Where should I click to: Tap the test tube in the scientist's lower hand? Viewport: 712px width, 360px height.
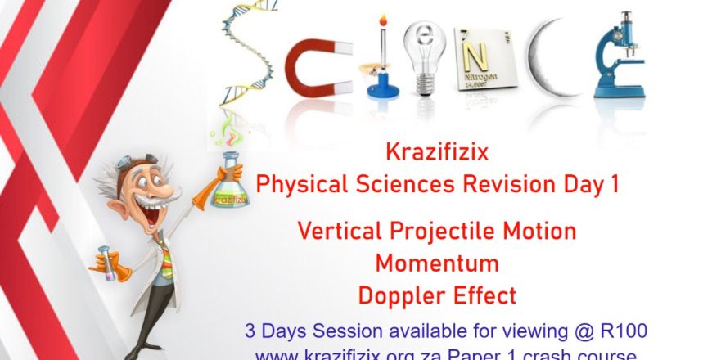pos(106,260)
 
